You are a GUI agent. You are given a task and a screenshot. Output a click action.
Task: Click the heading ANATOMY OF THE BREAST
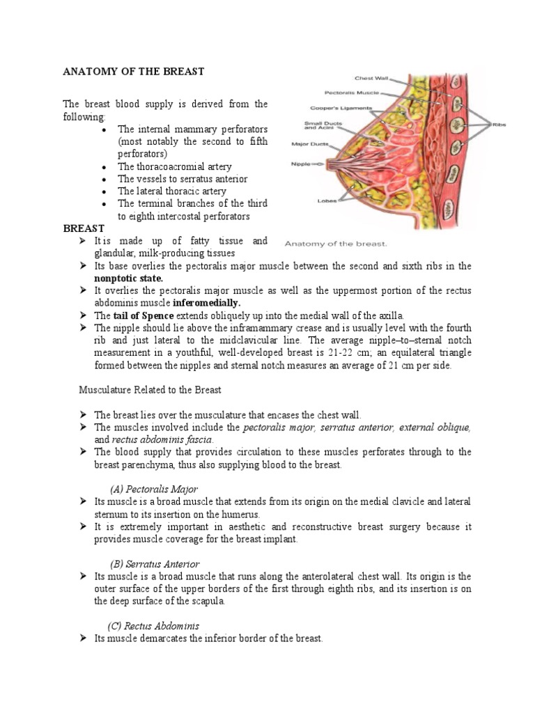click(x=134, y=71)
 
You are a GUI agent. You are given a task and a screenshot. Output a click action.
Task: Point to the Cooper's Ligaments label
click(x=341, y=108)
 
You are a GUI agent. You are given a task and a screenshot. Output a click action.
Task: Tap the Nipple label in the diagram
click(x=302, y=164)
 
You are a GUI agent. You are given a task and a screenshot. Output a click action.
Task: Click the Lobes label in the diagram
click(x=327, y=201)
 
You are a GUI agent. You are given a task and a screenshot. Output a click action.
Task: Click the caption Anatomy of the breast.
click(x=336, y=244)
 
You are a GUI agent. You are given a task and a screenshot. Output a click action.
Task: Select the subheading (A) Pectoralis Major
click(x=153, y=488)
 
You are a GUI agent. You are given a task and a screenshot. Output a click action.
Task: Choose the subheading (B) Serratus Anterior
click(x=155, y=563)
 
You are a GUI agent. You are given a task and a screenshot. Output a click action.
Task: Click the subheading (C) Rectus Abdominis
click(x=153, y=626)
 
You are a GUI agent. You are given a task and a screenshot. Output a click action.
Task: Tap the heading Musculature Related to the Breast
click(x=150, y=390)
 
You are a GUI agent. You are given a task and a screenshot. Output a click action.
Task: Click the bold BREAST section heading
click(x=84, y=228)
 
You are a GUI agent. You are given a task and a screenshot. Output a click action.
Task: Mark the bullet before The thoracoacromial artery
click(x=103, y=167)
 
